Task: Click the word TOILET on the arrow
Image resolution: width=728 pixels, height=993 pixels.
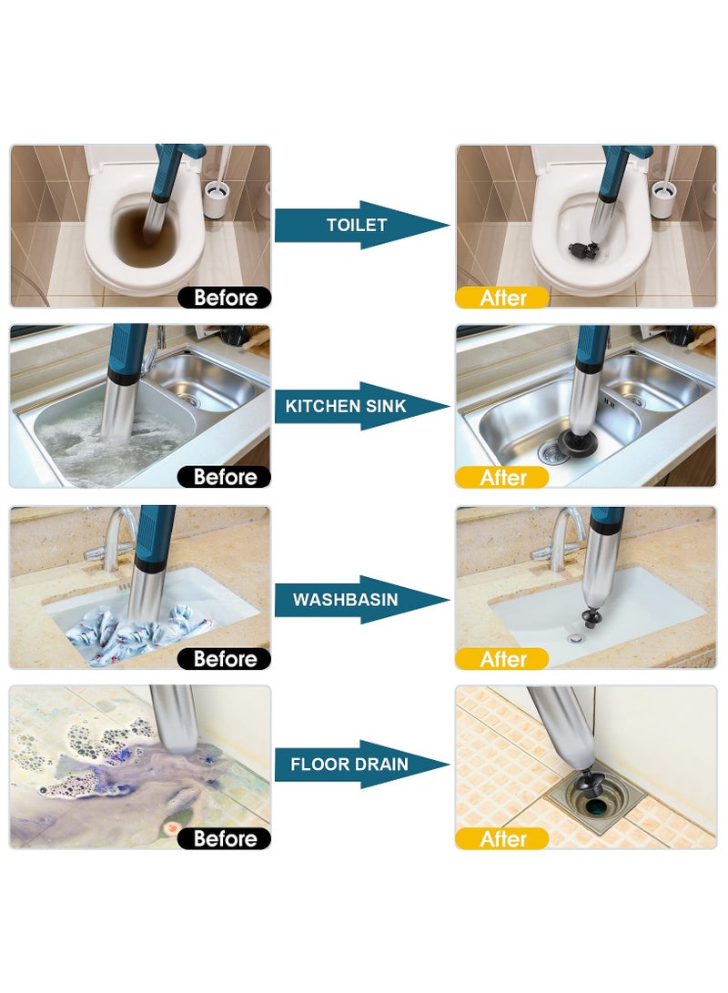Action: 357,225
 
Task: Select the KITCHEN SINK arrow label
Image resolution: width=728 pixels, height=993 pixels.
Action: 346,406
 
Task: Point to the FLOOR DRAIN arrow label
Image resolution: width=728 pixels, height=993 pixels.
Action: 349,764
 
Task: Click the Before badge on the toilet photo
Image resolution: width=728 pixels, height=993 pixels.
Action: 224,298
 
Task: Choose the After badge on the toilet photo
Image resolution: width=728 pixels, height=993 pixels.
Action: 502,298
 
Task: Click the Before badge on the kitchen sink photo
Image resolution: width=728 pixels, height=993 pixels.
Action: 224,477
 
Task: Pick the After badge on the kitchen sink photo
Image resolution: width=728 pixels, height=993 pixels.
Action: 502,477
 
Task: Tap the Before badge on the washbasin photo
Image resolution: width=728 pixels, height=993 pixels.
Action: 224,658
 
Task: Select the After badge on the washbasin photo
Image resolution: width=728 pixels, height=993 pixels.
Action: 502,658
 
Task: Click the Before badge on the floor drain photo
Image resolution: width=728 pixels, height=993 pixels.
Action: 224,838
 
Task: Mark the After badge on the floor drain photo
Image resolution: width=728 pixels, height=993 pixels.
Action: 502,838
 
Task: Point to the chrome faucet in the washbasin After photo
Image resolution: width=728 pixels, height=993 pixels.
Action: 564,537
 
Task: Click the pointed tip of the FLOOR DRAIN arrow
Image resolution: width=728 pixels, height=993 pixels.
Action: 448,764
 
